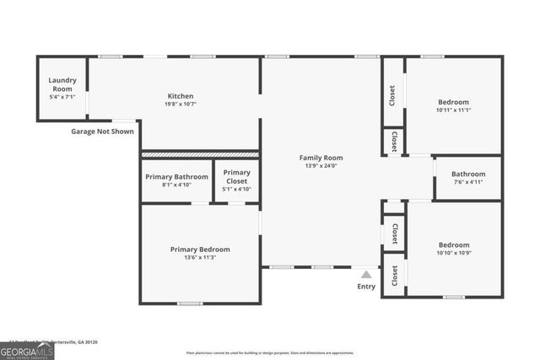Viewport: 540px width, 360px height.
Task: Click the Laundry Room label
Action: point(62,84)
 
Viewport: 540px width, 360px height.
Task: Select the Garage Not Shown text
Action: point(102,132)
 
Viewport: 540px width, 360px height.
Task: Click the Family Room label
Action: point(321,158)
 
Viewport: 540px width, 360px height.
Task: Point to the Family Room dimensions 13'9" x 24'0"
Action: point(321,166)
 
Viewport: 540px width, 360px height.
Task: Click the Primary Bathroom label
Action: point(175,177)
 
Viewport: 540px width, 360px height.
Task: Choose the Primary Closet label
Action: point(236,176)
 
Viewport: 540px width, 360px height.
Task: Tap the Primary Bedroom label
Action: point(200,250)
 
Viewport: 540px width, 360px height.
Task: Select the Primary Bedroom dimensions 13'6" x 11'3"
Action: point(200,258)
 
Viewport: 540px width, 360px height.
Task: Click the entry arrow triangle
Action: point(366,274)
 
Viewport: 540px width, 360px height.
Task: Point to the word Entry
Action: point(366,287)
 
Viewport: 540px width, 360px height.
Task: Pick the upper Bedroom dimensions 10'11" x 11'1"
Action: point(453,110)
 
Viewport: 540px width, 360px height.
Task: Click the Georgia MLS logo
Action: point(27,351)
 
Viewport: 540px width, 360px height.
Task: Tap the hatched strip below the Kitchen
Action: point(200,154)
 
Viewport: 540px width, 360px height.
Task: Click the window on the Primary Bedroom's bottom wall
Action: point(190,303)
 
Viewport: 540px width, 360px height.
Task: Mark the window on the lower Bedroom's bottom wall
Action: point(454,297)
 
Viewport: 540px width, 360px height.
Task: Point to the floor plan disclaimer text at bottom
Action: point(270,352)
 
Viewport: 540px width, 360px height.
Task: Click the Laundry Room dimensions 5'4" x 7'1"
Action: point(62,97)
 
